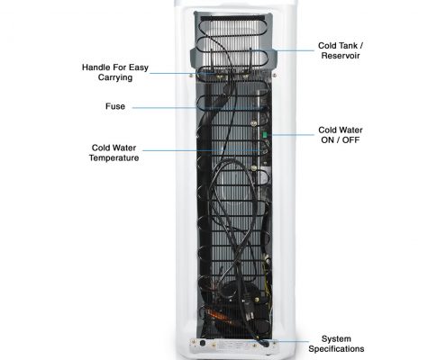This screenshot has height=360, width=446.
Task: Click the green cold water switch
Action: (265, 135)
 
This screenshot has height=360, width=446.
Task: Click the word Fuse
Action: (115, 106)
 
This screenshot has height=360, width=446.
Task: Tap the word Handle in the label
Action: (94, 67)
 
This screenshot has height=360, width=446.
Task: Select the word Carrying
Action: (115, 77)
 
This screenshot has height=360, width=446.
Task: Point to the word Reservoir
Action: (341, 56)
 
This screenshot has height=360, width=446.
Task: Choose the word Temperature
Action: (114, 157)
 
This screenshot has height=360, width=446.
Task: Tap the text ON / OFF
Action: (341, 140)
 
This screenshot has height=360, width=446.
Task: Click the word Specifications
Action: (336, 349)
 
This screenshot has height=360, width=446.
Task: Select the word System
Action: (336, 339)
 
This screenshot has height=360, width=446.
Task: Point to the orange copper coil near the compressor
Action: (217, 314)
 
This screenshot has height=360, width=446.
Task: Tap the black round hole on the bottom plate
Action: (203, 343)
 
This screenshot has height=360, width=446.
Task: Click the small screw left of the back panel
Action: (191, 76)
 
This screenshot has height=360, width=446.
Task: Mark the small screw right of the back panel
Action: (274, 76)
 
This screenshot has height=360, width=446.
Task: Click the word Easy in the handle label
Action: (139, 67)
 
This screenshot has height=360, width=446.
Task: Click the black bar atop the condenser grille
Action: (232, 18)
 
